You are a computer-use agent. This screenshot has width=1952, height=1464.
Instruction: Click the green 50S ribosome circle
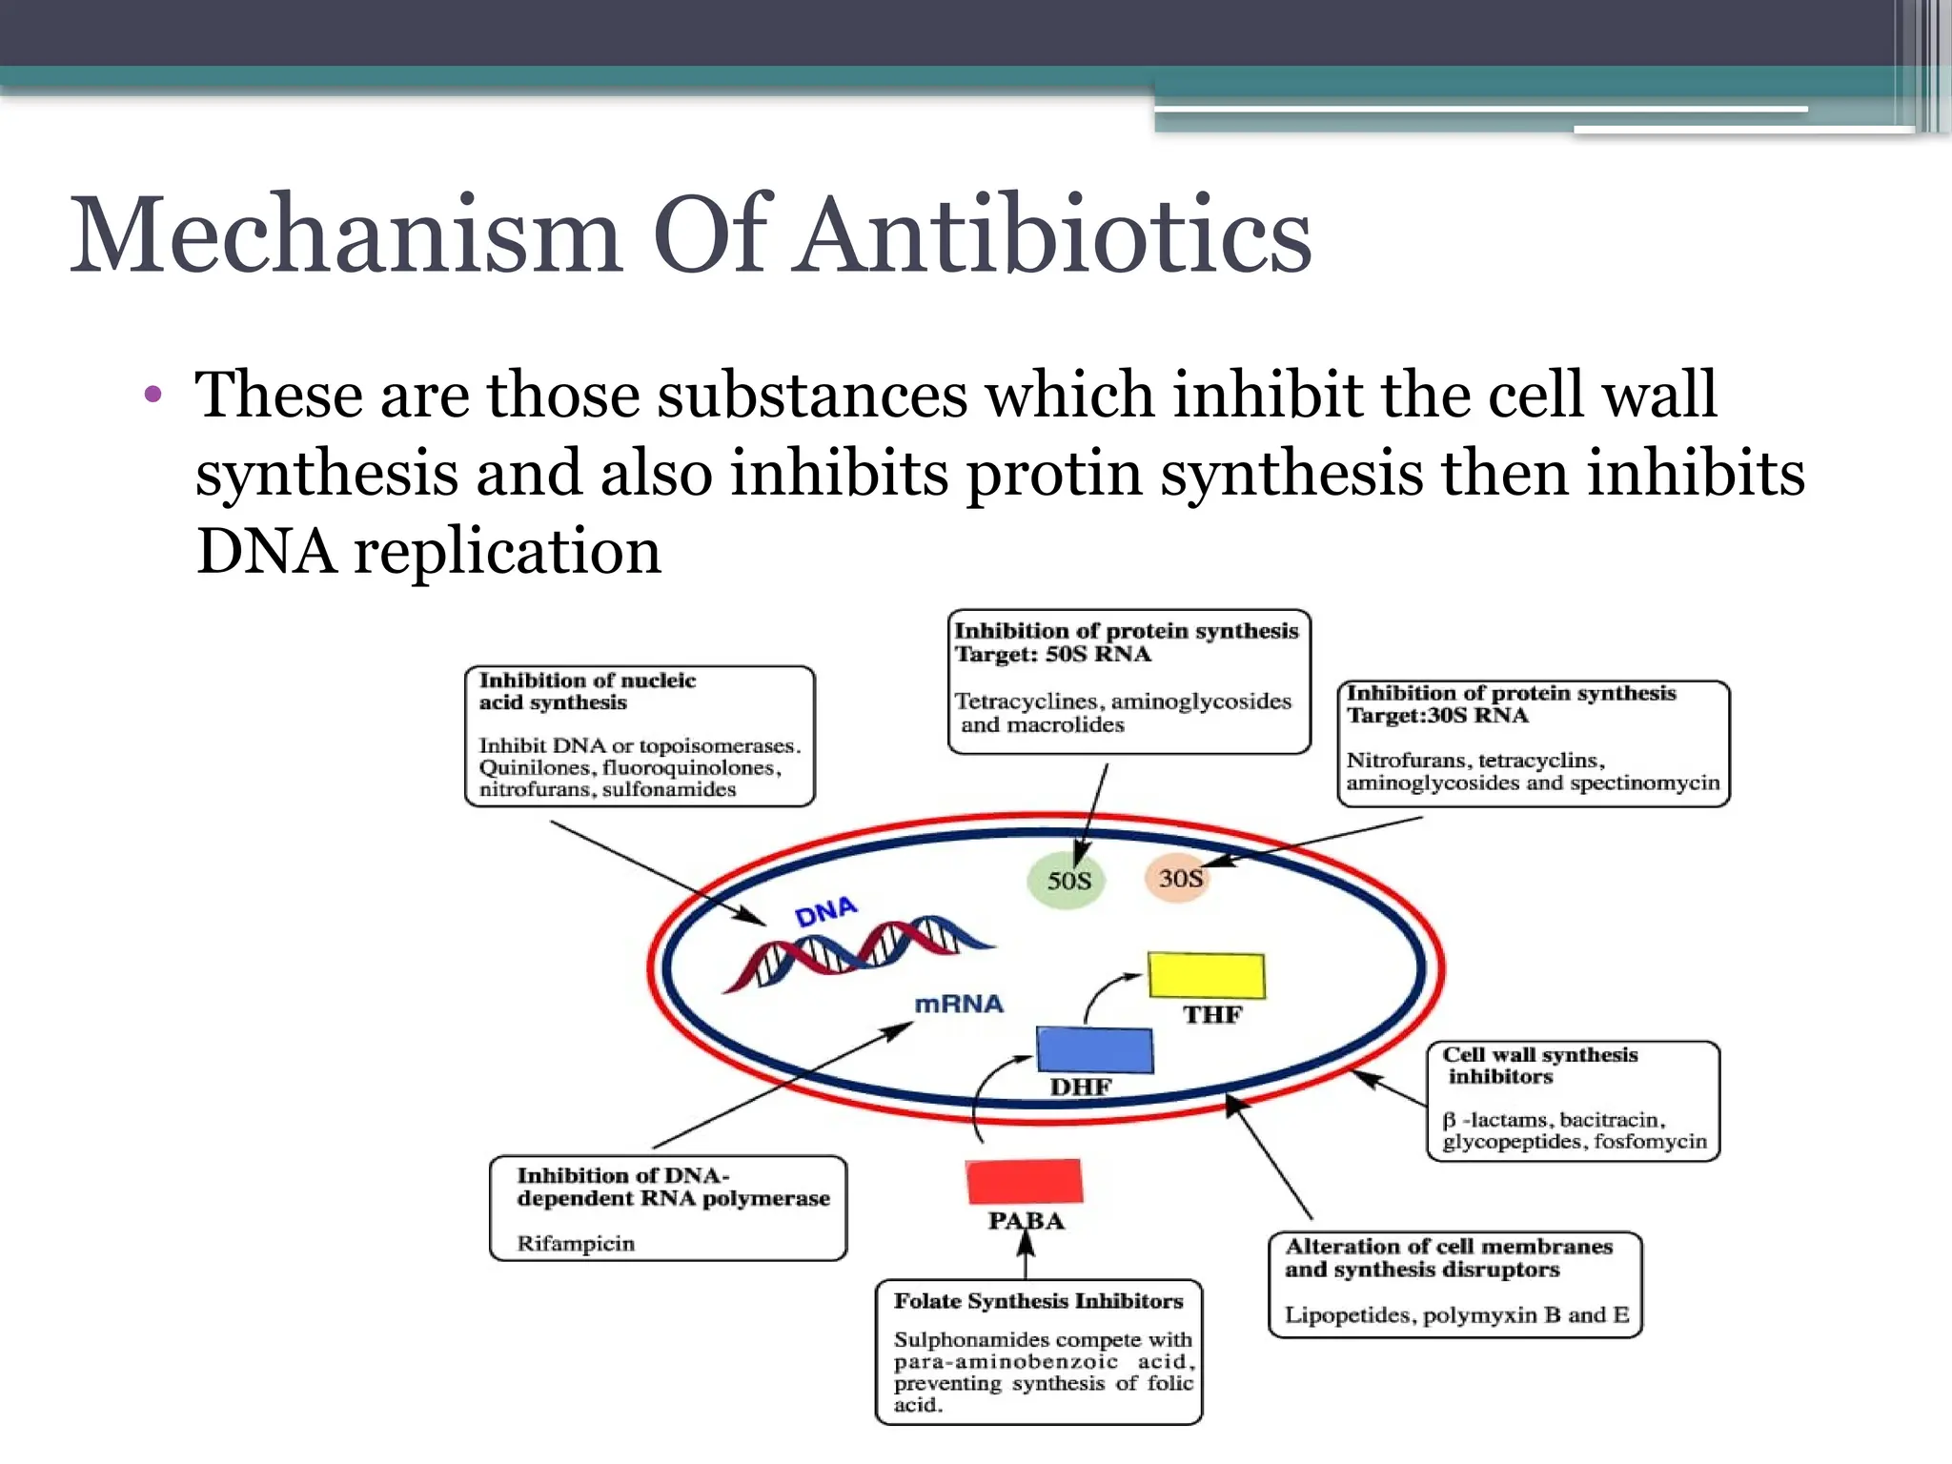pyautogui.click(x=1067, y=880)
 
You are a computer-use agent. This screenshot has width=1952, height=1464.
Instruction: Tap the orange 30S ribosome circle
pyautogui.click(x=1178, y=877)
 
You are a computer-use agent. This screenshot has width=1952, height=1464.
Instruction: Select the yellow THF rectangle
pyautogui.click(x=1207, y=976)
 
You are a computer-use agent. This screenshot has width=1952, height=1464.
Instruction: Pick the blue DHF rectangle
pyautogui.click(x=1094, y=1049)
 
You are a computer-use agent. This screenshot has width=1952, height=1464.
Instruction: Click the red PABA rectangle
pyautogui.click(x=1024, y=1181)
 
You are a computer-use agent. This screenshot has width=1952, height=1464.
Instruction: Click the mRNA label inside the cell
pyautogui.click(x=959, y=1004)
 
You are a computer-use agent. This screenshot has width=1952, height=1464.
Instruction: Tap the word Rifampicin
pyautogui.click(x=576, y=1243)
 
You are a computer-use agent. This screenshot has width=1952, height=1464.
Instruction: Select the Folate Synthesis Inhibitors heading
pyautogui.click(x=1038, y=1301)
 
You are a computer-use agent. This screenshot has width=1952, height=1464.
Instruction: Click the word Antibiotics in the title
pyautogui.click(x=1055, y=235)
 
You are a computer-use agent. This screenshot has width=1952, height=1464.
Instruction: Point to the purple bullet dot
pyautogui.click(x=153, y=395)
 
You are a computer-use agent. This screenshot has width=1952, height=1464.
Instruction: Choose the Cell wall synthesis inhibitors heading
pyautogui.click(x=1539, y=1066)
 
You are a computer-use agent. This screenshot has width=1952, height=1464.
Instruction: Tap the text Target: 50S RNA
pyautogui.click(x=1052, y=655)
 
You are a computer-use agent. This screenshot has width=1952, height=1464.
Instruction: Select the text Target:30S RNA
pyautogui.click(x=1437, y=716)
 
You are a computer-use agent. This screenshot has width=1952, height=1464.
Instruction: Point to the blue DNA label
pyautogui.click(x=825, y=912)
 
